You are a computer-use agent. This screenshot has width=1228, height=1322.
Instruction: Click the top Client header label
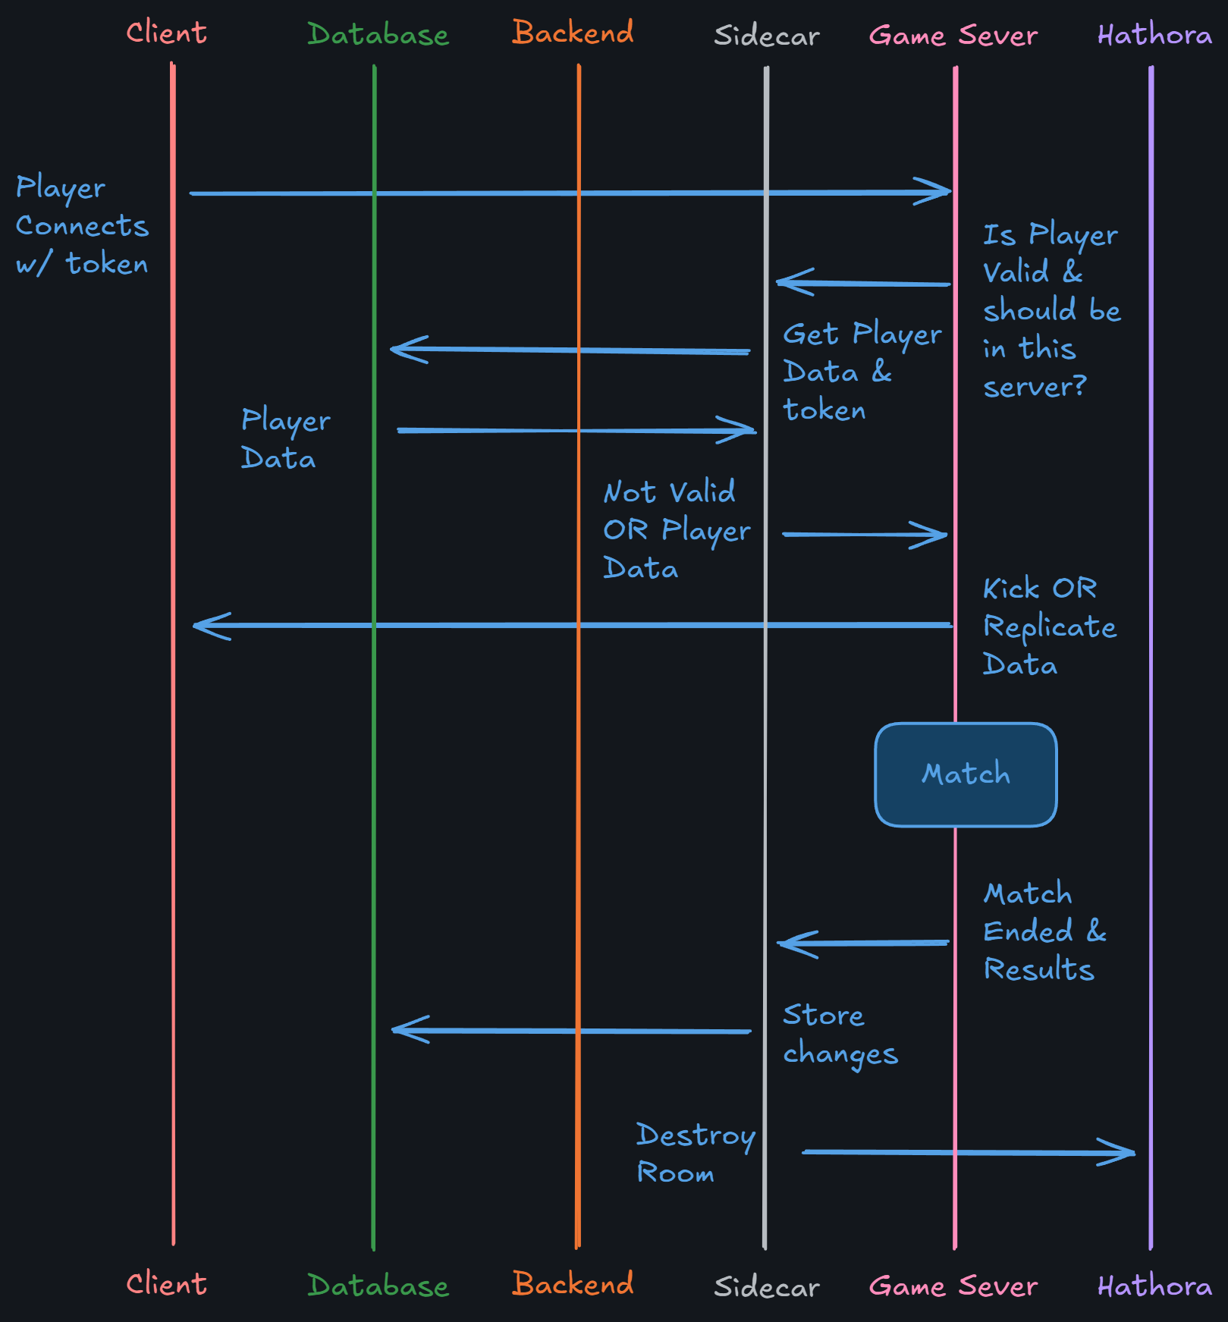coord(166,33)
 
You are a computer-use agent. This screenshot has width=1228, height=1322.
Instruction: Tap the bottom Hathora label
coord(1154,1286)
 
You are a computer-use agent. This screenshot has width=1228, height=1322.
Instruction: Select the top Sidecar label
coord(766,36)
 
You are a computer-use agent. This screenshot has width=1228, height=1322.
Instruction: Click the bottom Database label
coord(378,1286)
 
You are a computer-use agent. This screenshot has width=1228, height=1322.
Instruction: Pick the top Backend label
coord(573,33)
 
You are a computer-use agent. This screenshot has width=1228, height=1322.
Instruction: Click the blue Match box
coord(966,774)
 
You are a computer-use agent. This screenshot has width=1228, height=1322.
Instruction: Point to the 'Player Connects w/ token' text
coord(82,225)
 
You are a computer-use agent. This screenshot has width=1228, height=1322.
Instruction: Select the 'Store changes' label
coord(840,1035)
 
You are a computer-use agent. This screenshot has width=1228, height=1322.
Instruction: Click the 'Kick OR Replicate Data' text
coord(1049,626)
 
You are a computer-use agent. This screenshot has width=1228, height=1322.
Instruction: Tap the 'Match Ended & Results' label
coord(1044,931)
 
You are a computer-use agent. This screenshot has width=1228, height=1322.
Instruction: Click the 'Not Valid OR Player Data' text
coord(676,530)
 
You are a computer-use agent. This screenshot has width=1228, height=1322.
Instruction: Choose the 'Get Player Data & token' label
coord(861,372)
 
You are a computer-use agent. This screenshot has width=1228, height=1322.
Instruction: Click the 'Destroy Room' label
coord(695,1153)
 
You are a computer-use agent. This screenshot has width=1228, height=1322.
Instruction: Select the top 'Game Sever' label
coord(953,36)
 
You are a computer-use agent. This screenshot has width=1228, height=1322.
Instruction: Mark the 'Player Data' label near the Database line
coord(284,439)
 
